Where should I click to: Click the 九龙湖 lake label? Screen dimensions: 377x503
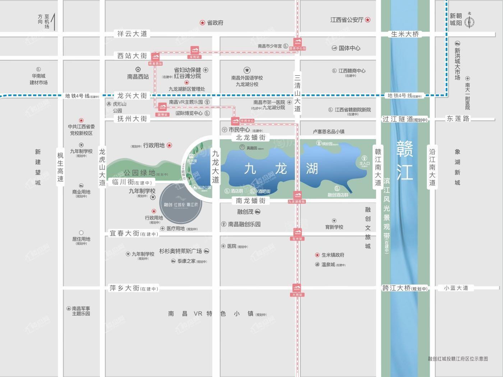(281, 168)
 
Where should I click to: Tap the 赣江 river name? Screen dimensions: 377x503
(405, 160)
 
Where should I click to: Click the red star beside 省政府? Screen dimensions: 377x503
(202, 23)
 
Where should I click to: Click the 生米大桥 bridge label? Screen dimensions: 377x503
(405, 34)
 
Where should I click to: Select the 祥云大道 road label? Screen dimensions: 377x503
(133, 34)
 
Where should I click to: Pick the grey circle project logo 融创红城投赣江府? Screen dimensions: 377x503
(181, 204)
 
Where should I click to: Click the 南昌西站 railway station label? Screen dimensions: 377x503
(138, 76)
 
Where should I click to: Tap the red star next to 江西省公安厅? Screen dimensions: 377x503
(368, 20)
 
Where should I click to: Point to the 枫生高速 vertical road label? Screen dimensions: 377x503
(60, 167)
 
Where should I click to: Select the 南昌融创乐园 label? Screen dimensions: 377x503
(244, 224)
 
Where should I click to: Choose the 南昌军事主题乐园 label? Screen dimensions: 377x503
(81, 311)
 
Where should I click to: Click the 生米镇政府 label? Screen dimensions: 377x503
(333, 255)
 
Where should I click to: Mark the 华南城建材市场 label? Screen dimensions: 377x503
(38, 79)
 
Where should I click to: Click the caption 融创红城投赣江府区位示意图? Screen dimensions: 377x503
(458, 358)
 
